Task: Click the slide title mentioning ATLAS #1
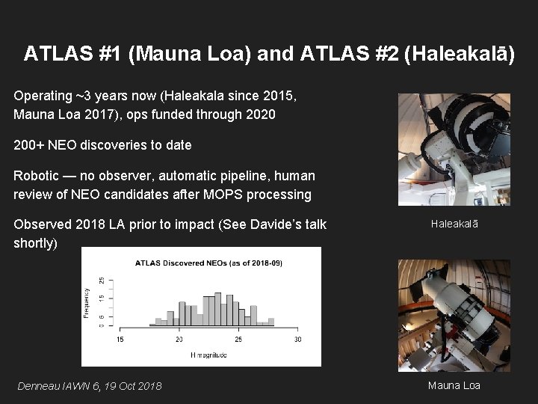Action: pyautogui.click(x=269, y=55)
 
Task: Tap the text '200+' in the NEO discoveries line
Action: pyautogui.click(x=29, y=145)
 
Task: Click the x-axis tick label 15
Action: pyautogui.click(x=120, y=340)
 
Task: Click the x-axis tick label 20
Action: pyautogui.click(x=179, y=340)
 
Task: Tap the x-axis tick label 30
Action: pyautogui.click(x=297, y=340)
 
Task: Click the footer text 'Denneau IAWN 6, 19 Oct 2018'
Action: pyautogui.click(x=89, y=386)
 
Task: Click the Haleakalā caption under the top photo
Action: pyautogui.click(x=454, y=224)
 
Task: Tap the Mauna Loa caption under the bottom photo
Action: pyautogui.click(x=454, y=385)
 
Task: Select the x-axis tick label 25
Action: pyautogui.click(x=238, y=340)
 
